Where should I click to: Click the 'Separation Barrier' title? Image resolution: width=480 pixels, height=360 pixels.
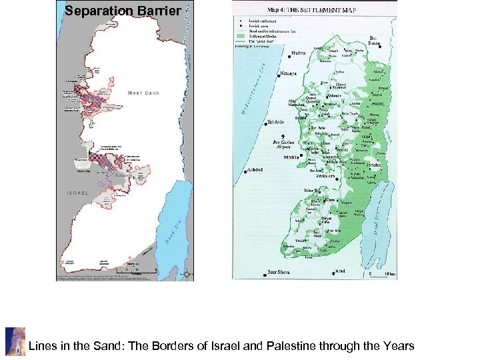123,11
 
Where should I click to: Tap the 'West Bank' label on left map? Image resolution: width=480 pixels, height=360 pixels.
143,93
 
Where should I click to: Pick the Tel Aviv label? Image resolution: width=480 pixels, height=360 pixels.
275,123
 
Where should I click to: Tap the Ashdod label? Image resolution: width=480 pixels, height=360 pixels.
254,170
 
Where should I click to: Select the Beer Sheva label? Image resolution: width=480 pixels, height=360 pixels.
278,272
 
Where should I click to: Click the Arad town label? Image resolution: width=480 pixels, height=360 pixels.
340,271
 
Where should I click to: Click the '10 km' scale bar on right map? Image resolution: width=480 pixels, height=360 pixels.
380,273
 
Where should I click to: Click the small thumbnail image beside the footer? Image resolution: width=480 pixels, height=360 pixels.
15,342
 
